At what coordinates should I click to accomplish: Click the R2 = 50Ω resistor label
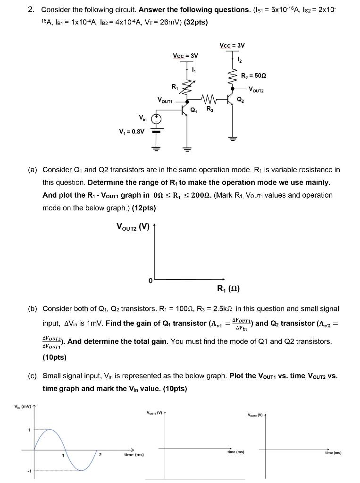coord(254,75)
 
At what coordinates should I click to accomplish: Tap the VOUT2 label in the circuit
coord(259,89)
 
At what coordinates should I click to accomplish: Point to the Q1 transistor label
coord(193,110)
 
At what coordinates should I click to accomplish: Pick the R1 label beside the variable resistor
coord(175,86)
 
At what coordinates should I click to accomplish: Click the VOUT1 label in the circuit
coord(166,100)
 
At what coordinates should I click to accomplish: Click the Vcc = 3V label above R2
coord(232,45)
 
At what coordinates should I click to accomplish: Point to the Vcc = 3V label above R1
coord(185,56)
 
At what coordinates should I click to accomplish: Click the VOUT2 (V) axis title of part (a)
coord(133,227)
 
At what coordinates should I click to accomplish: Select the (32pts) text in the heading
coord(191,22)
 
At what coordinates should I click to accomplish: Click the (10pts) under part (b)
coord(54,358)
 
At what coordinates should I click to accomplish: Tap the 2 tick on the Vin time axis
coord(100,455)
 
